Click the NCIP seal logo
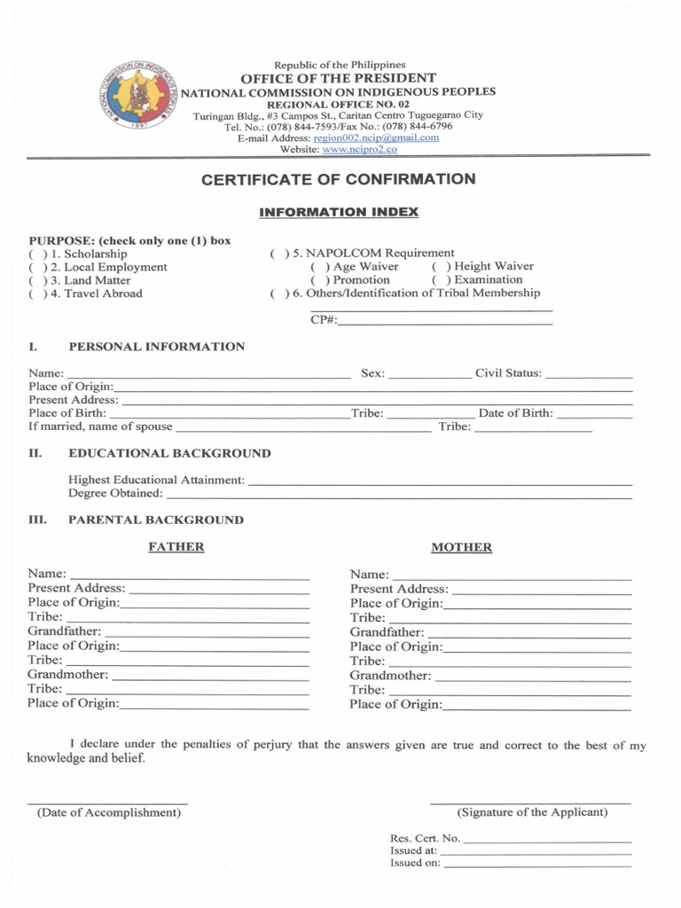[x=136, y=100]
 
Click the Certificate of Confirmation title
[x=339, y=179]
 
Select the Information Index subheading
[x=339, y=213]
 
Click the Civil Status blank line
[x=589, y=374]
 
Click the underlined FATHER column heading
[x=176, y=547]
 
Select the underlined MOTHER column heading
[x=461, y=548]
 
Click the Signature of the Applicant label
[x=532, y=812]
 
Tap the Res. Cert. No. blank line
[x=547, y=839]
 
